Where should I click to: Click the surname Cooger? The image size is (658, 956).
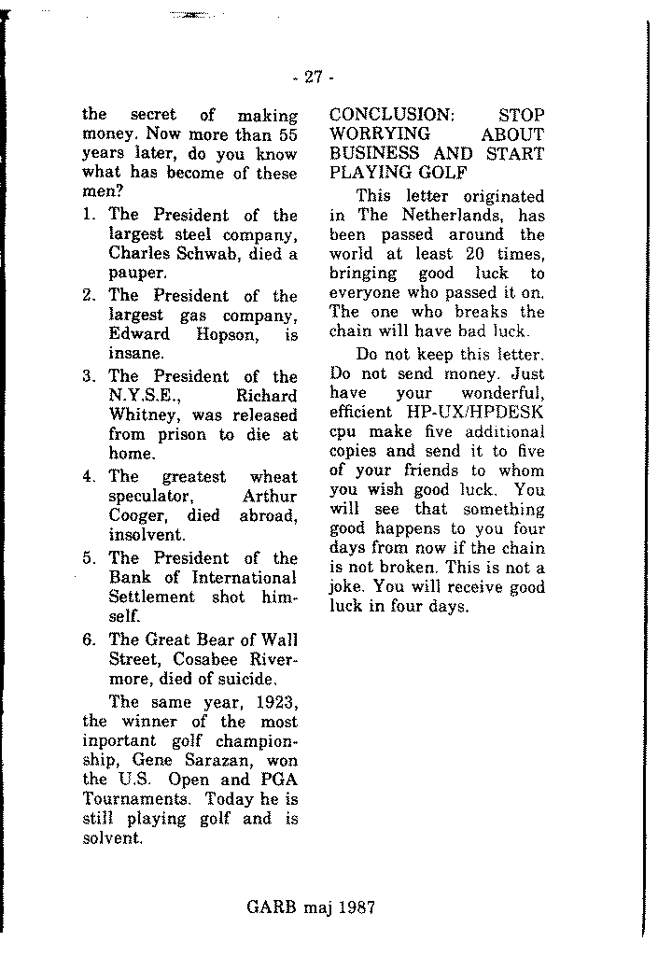136,515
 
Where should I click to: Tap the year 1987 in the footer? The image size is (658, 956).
355,906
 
